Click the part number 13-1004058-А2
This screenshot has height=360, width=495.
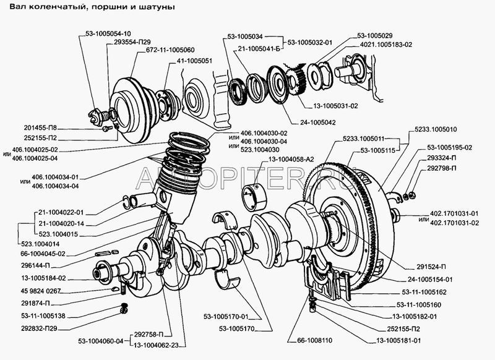coord(291,160)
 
